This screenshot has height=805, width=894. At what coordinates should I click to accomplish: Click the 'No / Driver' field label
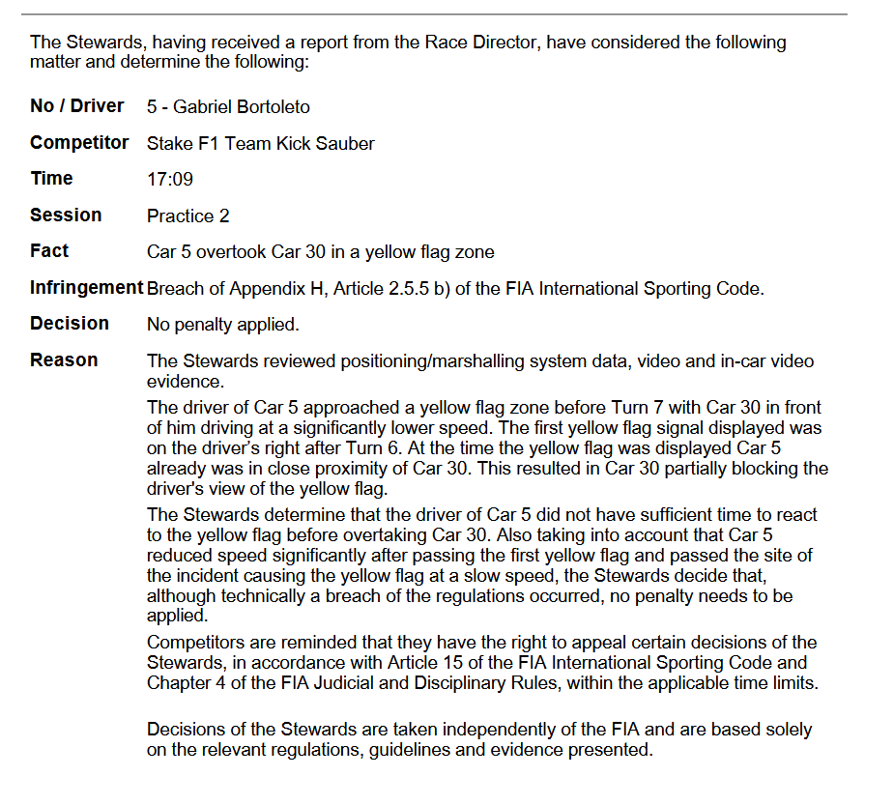pos(77,105)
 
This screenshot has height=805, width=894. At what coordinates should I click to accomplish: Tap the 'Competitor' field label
pos(79,142)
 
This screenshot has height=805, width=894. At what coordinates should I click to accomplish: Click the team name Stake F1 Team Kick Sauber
pos(261,143)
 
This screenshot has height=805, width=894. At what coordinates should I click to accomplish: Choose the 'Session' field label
pos(66,215)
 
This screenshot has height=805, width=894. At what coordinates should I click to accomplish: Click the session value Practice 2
pos(188,216)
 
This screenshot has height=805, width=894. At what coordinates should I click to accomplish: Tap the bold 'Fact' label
pos(49,251)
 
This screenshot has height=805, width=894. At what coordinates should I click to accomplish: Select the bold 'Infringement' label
pos(86,287)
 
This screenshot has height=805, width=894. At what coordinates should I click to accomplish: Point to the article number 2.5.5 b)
pos(416,288)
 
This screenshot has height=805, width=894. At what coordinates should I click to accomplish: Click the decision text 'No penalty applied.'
pos(223,324)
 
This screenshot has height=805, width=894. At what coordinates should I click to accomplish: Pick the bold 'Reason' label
pos(64,359)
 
